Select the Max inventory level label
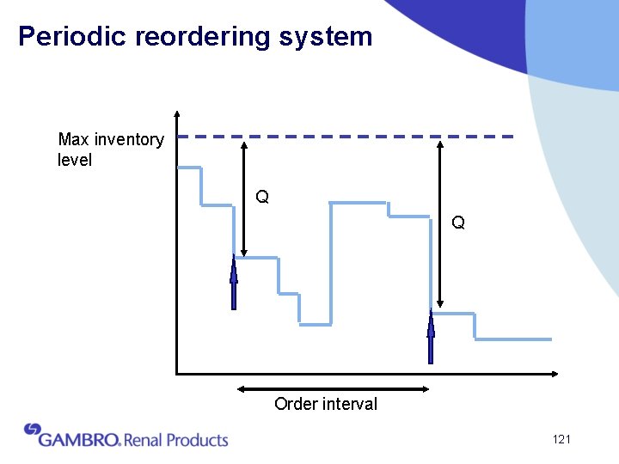coord(110,150)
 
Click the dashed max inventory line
coord(344,136)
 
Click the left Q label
coord(262,198)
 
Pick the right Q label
coord(458,223)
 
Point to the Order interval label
coord(326,404)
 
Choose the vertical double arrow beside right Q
coord(440,223)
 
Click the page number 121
coord(561,440)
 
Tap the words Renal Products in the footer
coord(176,440)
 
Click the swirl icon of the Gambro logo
coord(33,429)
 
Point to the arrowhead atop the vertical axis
coord(176,113)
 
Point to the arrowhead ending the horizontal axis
coord(555,373)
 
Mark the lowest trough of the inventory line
coord(315,324)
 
